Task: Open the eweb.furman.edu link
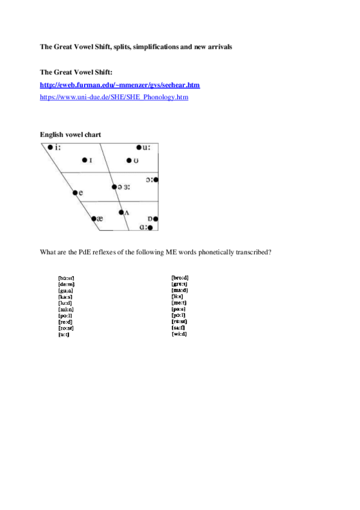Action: (120, 85)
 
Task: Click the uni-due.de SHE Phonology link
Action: (114, 96)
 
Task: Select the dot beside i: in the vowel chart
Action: (50, 147)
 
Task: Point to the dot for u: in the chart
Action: (138, 147)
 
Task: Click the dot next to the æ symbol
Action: (94, 218)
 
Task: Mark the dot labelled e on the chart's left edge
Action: (75, 192)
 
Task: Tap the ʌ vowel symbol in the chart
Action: (126, 213)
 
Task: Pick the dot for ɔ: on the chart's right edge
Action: (156, 179)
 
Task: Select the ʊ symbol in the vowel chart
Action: (136, 161)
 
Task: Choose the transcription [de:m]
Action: (66, 284)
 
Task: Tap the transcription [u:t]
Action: (64, 334)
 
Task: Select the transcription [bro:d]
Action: (180, 277)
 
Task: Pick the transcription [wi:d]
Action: (179, 333)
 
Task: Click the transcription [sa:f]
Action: (178, 327)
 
